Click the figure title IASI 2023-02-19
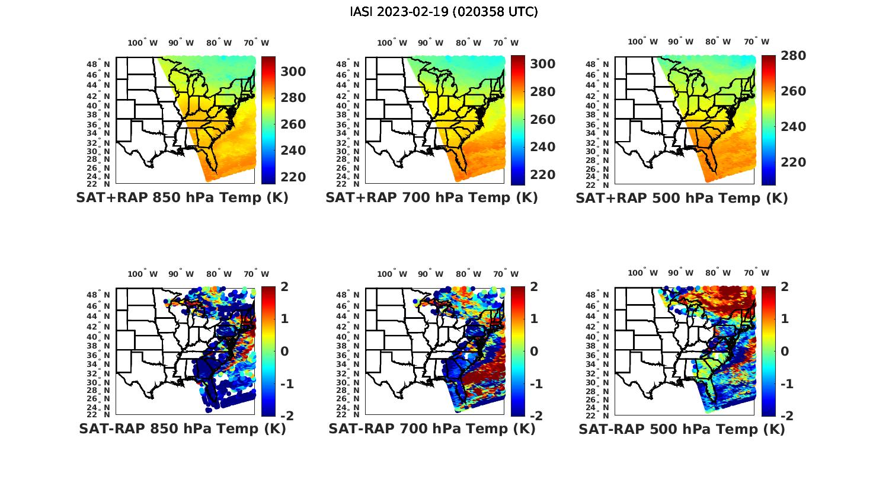[444, 12]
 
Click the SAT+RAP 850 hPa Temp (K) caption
[182, 198]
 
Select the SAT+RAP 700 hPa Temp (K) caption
[431, 198]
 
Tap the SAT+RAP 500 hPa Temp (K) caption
[682, 198]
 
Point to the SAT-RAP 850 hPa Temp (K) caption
[183, 429]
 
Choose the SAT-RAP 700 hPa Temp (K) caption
[432, 429]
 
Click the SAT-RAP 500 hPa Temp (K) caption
[682, 429]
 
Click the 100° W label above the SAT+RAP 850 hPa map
[142, 43]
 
